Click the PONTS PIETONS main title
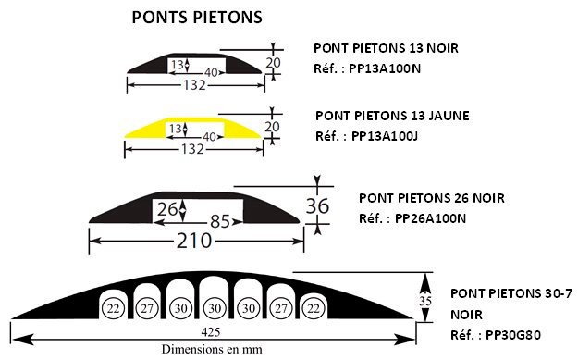[x=196, y=18]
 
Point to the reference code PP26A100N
[x=430, y=218]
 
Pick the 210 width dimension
[x=196, y=242]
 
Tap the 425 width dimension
[x=214, y=331]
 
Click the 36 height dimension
[x=317, y=205]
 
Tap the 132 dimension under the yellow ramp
[x=192, y=148]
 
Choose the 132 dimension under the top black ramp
[x=192, y=85]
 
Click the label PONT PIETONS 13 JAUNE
[x=392, y=116]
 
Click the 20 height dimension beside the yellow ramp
[x=272, y=126]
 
